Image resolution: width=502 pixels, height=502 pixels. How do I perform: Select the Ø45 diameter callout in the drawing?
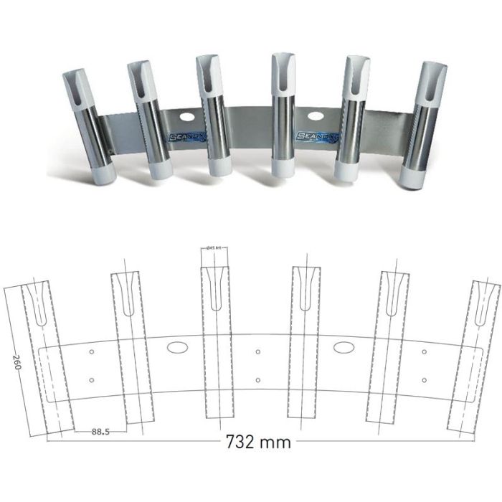point(214,247)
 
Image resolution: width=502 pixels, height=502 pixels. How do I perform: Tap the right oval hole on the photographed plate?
point(314,116)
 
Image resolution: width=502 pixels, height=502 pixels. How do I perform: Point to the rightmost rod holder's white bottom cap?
point(414,176)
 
